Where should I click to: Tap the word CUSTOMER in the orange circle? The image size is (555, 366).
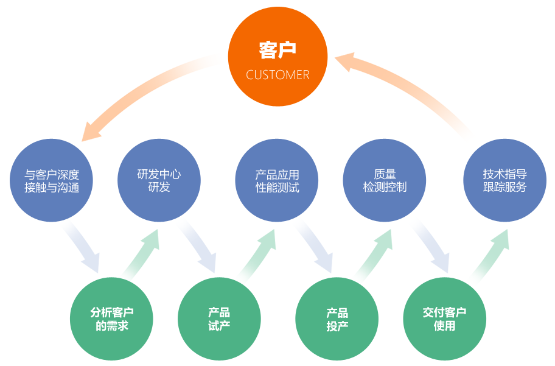277,75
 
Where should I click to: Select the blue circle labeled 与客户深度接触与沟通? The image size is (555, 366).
52,181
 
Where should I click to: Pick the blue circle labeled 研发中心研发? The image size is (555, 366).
159,181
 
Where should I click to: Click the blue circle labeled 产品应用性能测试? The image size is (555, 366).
277,181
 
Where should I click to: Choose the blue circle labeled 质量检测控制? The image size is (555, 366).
385,181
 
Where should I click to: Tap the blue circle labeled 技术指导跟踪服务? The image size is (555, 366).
504,181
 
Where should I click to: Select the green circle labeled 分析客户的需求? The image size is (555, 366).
112,318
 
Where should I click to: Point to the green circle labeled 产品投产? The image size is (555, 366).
337,318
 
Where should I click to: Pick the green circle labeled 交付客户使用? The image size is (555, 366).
444,318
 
